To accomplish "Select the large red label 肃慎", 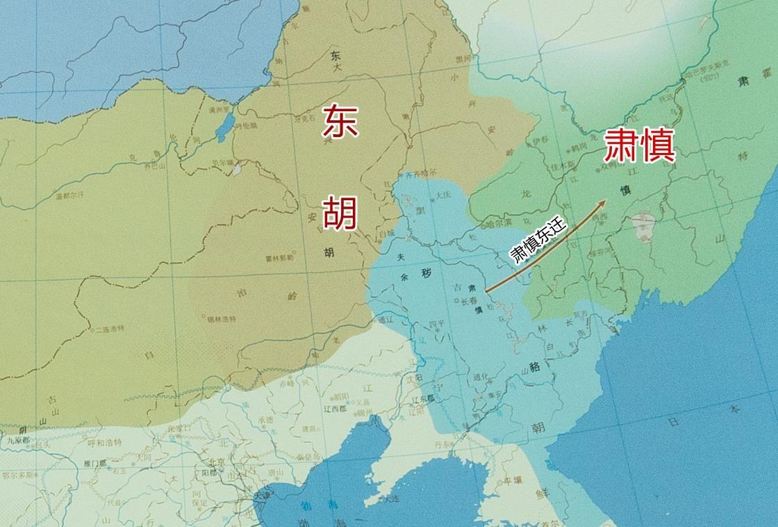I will [639, 145].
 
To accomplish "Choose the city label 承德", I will [265, 420].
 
